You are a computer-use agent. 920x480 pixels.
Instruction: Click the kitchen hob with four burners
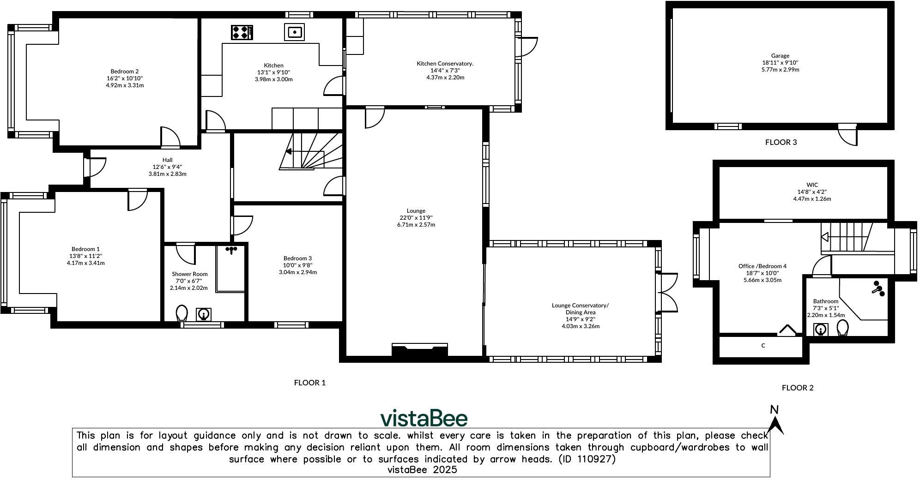[x=242, y=32]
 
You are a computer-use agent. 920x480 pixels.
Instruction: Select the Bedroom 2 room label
[x=124, y=71]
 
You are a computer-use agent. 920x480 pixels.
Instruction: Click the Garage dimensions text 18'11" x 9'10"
[x=780, y=63]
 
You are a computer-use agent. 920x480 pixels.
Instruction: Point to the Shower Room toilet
[x=182, y=313]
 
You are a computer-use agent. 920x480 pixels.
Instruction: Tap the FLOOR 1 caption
[x=309, y=383]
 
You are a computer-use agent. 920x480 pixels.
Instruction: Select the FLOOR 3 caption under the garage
[x=781, y=142]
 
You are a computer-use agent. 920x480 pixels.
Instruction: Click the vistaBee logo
[x=424, y=418]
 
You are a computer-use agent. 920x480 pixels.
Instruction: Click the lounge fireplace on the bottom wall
[x=419, y=349]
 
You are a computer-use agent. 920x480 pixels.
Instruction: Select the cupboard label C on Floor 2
[x=763, y=345]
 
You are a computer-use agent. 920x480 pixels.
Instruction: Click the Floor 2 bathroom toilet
[x=842, y=328]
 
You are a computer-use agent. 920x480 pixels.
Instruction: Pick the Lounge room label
[x=416, y=210]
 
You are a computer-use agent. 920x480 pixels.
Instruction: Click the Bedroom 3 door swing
[x=242, y=225]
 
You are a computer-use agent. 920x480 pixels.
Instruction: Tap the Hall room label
[x=167, y=160]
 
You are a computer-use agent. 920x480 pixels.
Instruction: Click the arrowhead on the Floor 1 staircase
[x=288, y=151]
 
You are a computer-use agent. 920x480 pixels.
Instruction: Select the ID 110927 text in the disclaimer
[x=587, y=459]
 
